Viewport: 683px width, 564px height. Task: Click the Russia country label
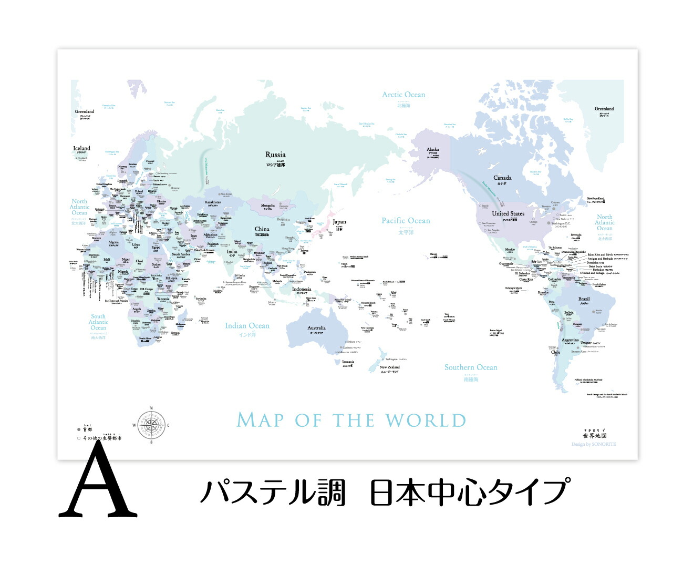[x=275, y=155]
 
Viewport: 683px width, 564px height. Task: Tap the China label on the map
[x=262, y=229]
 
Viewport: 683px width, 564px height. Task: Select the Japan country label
[x=339, y=222]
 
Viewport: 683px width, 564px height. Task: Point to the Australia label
[x=316, y=327]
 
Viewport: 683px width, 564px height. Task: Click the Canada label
[x=502, y=178]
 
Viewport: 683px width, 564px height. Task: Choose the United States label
[x=508, y=213]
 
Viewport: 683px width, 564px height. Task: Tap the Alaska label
[x=433, y=149]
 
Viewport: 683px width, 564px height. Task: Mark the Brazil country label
[x=584, y=299]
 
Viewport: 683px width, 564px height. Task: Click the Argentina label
[x=570, y=340]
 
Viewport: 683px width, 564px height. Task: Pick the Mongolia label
[x=268, y=206]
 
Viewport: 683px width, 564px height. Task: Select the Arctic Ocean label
[x=403, y=95]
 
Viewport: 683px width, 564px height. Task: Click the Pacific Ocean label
[x=406, y=221]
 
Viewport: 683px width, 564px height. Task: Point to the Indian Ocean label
[x=247, y=326]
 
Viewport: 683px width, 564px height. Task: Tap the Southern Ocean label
[x=471, y=367]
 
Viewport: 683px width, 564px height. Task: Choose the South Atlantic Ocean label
[x=98, y=322]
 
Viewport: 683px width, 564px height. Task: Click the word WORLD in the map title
[x=426, y=421]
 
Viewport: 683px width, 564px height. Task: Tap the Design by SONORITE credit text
[x=594, y=444]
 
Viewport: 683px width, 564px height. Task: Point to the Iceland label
[x=81, y=148]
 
